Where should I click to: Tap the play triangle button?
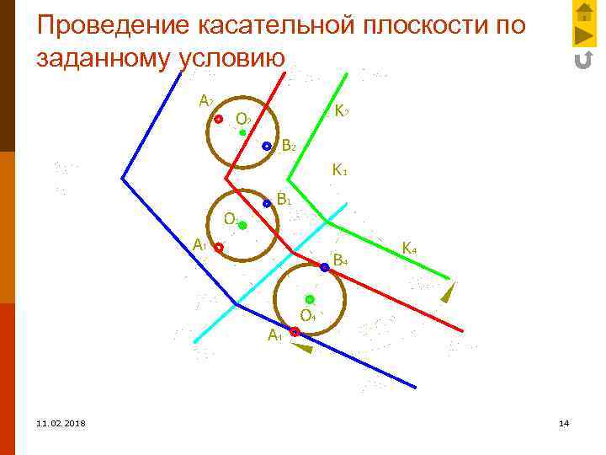pyautogui.click(x=583, y=36)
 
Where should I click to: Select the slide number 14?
pyautogui.click(x=564, y=422)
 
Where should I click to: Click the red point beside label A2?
pyautogui.click(x=217, y=120)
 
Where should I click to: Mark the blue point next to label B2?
pyautogui.click(x=266, y=146)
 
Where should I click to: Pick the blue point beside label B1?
pyautogui.click(x=267, y=203)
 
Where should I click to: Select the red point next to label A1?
pyautogui.click(x=218, y=248)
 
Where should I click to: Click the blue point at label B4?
pyautogui.click(x=324, y=267)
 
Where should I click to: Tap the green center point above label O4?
pyautogui.click(x=310, y=299)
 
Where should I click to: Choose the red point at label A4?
pyautogui.click(x=295, y=332)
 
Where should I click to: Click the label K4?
pyautogui.click(x=410, y=249)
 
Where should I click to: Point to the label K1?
pyautogui.click(x=339, y=170)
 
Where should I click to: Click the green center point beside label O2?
pyautogui.click(x=242, y=132)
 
